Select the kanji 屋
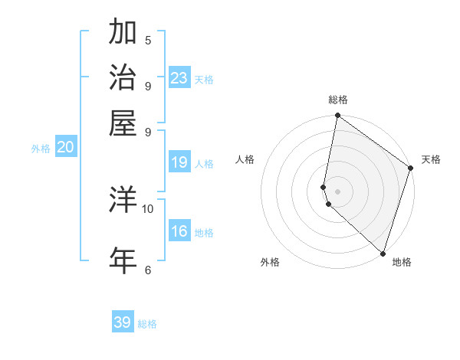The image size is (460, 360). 123,122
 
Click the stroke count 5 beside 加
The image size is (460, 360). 148,40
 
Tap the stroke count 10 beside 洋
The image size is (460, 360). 148,208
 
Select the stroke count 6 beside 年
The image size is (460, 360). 148,269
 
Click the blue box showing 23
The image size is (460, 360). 179,78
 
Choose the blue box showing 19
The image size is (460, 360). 179,162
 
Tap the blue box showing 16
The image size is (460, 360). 179,231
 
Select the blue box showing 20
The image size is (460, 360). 65,148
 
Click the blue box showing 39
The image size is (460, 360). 123,322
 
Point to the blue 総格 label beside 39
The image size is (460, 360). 147,324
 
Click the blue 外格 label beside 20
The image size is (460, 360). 41,149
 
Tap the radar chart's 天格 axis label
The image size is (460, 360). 431,159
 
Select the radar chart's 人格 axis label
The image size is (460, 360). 245,159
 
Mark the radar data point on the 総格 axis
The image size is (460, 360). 337,116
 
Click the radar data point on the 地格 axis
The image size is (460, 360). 383,253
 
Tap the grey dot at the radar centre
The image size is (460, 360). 337,191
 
